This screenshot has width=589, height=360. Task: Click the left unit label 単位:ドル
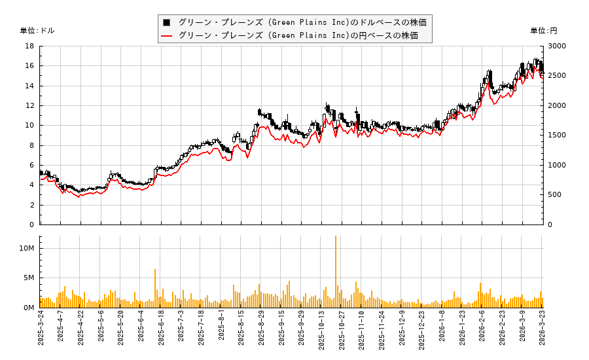tap(37, 31)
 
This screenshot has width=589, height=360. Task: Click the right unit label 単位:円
tap(543, 31)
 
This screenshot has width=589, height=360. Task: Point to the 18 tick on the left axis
tap(29, 46)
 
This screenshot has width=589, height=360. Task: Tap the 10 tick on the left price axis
tap(29, 126)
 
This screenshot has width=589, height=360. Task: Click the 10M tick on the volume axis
tap(27, 249)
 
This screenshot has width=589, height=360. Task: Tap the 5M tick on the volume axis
tap(29, 278)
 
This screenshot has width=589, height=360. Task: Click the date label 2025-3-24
tap(41, 334)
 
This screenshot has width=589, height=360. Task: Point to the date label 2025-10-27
tap(342, 334)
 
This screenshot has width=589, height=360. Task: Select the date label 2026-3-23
tap(542, 334)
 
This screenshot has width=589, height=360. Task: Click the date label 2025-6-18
tap(161, 334)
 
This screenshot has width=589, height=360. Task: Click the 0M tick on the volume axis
tap(29, 308)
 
